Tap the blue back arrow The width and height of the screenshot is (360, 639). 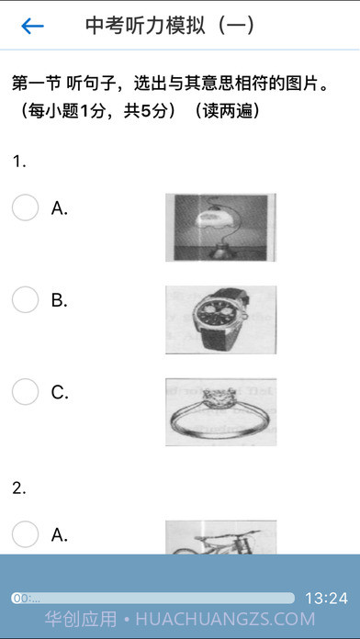tap(33, 26)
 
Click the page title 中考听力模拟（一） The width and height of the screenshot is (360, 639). tap(171, 26)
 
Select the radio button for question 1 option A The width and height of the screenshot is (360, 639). tap(26, 207)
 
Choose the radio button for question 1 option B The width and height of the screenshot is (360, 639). tap(26, 300)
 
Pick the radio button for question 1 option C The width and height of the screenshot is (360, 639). tap(26, 392)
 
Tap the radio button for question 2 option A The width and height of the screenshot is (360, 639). tap(26, 534)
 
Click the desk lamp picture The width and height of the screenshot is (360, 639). tap(220, 228)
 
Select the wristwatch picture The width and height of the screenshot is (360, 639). tap(220, 319)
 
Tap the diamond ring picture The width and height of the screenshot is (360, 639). tap(220, 412)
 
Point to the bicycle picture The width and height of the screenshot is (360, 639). tap(220, 537)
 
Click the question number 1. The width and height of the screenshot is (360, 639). tap(19, 163)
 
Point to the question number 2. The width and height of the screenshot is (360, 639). tap(19, 488)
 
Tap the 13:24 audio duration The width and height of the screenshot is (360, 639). tap(326, 599)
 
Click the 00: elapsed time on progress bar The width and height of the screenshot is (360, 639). tap(27, 599)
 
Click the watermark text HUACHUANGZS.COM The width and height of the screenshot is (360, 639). tap(225, 619)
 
